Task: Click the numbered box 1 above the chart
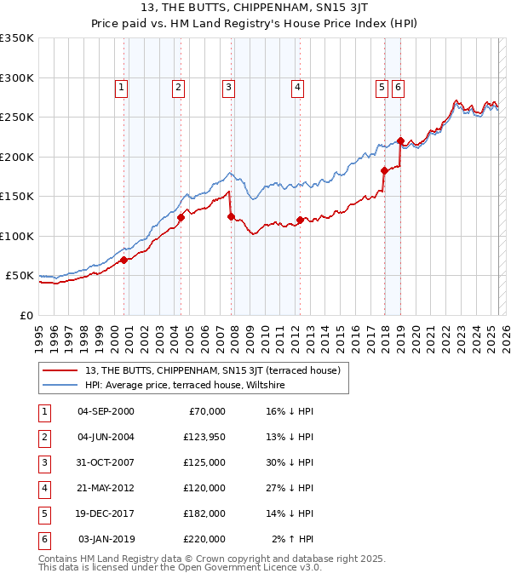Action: (121, 86)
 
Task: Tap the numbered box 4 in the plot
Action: (297, 86)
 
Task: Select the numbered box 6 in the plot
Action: (398, 86)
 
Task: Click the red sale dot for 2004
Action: (181, 218)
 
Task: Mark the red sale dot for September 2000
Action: (123, 260)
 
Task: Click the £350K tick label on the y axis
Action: (17, 38)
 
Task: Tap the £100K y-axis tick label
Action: (17, 236)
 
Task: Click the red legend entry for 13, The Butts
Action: (213, 370)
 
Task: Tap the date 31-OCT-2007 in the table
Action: (106, 463)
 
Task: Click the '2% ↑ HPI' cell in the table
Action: (294, 539)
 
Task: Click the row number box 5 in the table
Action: (43, 513)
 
